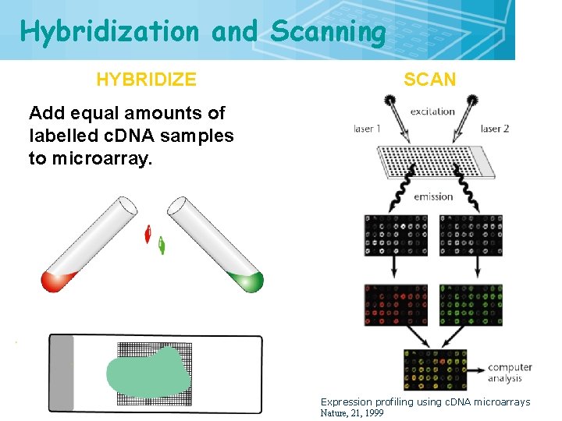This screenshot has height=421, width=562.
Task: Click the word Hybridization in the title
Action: point(109,31)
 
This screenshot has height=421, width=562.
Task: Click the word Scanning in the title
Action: point(328,33)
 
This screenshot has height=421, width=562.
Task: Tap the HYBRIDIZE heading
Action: point(146,80)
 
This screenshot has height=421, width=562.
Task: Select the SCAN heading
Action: point(429,80)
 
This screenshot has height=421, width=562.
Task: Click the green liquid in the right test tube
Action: point(248,280)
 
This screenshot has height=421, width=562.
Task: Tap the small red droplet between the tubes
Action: point(148,234)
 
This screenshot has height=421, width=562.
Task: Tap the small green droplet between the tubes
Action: point(162,246)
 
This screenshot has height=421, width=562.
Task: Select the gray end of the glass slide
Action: point(62,373)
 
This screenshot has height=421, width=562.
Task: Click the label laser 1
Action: point(367,129)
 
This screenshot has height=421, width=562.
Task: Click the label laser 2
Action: point(495,129)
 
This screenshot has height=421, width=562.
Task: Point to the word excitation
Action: point(432,111)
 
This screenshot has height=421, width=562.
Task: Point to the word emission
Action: point(433,196)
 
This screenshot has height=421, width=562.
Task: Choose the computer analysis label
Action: point(510,373)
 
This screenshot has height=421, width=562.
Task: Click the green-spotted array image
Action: point(471,305)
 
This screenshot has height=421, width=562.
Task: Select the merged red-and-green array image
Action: point(435,370)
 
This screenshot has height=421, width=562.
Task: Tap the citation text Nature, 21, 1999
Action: point(352,413)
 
